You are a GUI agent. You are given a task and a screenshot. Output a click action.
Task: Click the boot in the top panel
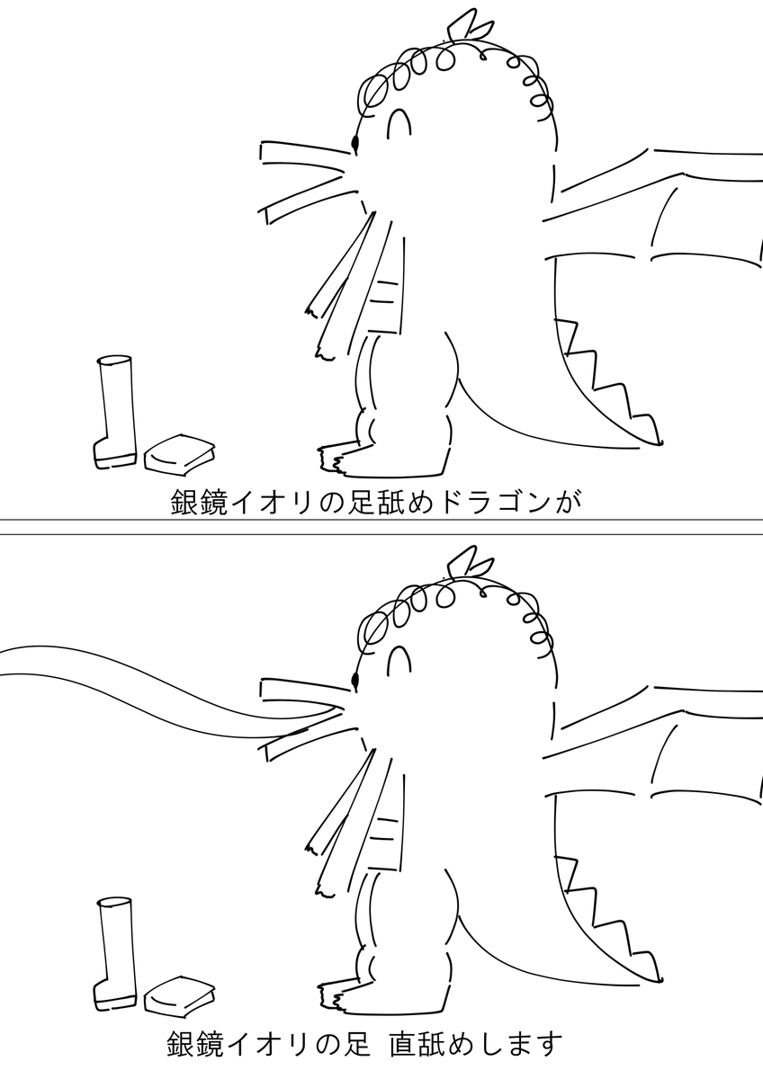(x=114, y=413)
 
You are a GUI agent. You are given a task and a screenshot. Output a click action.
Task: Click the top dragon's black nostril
(x=355, y=143)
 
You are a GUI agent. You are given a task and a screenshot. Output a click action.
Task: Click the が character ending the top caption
(x=569, y=503)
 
